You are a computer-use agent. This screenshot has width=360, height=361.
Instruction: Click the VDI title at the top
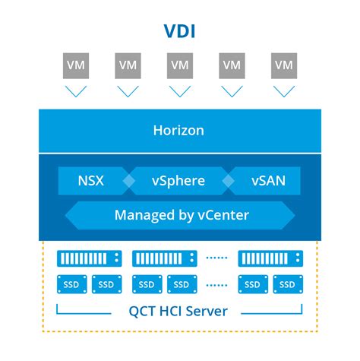(x=179, y=31)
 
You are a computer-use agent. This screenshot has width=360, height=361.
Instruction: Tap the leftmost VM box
(x=76, y=65)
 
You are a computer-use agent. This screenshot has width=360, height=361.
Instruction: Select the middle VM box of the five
(x=180, y=65)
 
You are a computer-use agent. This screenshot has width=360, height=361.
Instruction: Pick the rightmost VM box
(x=283, y=65)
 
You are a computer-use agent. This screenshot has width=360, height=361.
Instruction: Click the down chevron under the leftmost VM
(x=76, y=91)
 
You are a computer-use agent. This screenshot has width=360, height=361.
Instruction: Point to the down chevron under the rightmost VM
(x=283, y=91)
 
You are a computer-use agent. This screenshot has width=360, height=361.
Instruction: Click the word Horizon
(x=179, y=130)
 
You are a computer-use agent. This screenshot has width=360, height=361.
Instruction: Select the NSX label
(x=90, y=182)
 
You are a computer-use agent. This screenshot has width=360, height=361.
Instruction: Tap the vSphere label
(x=179, y=182)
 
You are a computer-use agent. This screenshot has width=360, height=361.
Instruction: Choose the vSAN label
(x=268, y=182)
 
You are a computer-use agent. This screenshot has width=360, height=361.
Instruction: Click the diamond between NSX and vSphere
(x=129, y=182)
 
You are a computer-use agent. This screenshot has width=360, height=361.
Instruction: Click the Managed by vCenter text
(x=181, y=215)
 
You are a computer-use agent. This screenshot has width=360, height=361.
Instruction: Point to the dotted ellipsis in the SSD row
(x=216, y=285)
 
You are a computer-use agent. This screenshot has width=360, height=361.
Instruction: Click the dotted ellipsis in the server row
(x=216, y=258)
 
